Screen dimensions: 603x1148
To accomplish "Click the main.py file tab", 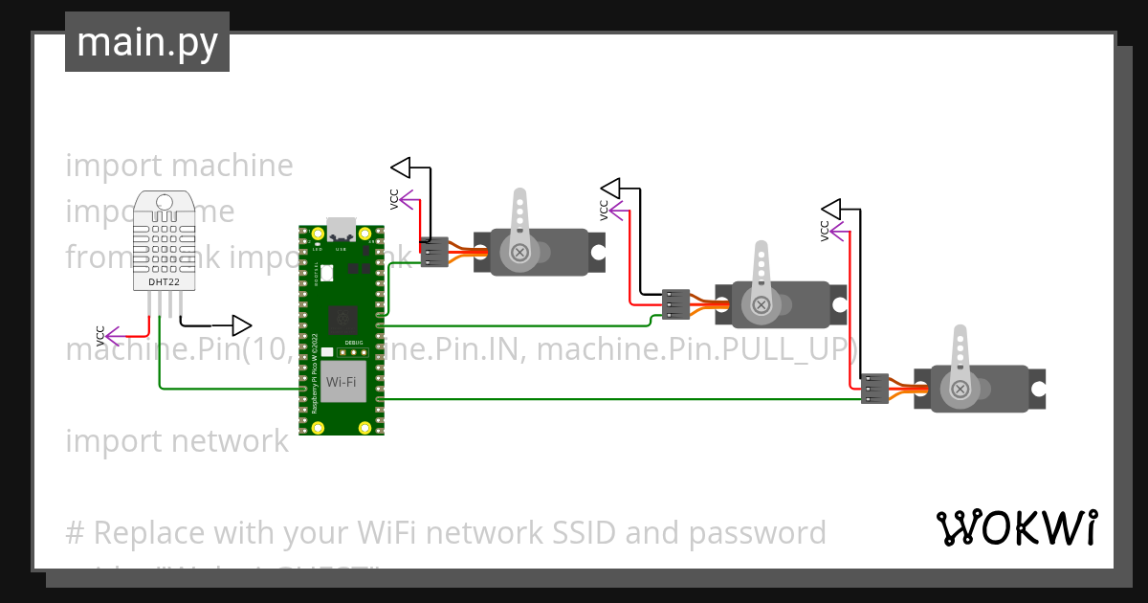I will (x=146, y=42).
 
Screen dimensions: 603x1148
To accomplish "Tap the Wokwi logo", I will (x=1016, y=528).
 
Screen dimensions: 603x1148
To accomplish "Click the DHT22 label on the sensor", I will (x=162, y=282).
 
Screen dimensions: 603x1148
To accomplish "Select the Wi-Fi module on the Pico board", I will (x=342, y=383).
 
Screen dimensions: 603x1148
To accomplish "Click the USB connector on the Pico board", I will (x=341, y=232).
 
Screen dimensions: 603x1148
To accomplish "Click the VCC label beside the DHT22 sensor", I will (x=100, y=335).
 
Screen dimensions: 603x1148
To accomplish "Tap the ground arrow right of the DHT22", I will (x=239, y=325).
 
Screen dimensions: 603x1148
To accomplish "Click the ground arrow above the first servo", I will (x=402, y=168).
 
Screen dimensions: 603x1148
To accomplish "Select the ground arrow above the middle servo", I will (x=612, y=188).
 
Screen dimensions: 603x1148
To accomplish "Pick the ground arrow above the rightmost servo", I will (x=831, y=208).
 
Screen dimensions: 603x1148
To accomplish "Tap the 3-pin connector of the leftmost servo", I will (x=434, y=253).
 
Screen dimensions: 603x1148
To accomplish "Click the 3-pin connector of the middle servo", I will (x=675, y=304).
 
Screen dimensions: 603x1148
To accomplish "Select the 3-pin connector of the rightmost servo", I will (x=873, y=389).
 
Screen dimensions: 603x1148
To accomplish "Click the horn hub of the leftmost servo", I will (x=519, y=253).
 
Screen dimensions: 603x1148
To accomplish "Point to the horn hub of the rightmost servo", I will (x=959, y=389).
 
